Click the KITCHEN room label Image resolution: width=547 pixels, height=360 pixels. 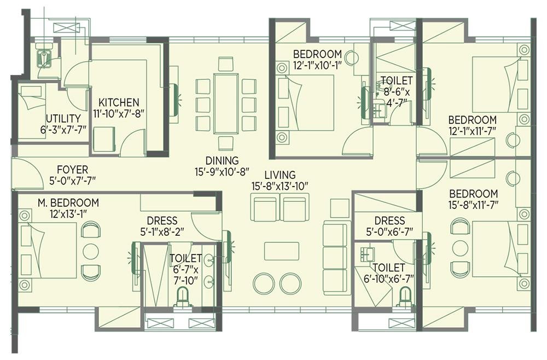tap(119, 102)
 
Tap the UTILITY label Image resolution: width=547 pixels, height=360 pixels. tap(63, 119)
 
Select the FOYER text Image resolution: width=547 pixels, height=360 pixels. tap(73, 170)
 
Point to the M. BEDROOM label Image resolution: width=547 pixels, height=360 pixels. tap(68, 202)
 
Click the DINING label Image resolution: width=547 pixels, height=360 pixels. tap(222, 161)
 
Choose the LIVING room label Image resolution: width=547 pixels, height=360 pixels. tap(280, 175)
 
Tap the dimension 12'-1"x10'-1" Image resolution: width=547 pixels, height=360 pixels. tap(317, 65)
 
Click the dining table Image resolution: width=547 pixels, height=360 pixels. tap(226, 103)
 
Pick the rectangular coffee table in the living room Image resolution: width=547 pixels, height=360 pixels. tap(282, 251)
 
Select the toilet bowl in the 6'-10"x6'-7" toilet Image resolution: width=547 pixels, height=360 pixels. tap(405, 297)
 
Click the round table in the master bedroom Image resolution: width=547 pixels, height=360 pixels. tap(91, 251)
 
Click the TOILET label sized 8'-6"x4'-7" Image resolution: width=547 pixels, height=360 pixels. tap(397, 80)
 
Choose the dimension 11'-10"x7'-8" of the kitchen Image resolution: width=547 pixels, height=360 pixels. tap(119, 114)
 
